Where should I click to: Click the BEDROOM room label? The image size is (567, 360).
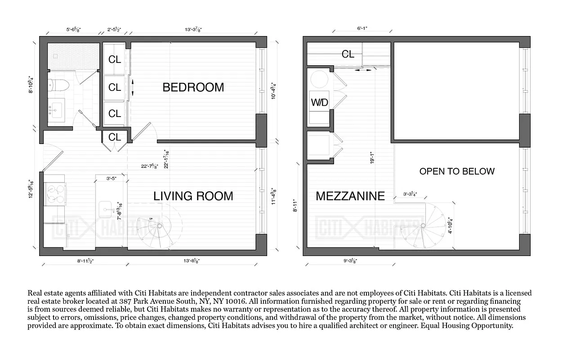(x=193, y=87)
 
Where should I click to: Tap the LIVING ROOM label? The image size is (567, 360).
(x=193, y=196)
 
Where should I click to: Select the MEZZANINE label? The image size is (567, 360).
(x=350, y=196)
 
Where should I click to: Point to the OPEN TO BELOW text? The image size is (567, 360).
(x=456, y=171)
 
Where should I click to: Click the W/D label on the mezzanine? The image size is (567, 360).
(x=319, y=103)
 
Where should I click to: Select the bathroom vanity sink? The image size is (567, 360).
(x=57, y=108)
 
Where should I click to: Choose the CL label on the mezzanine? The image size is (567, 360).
(x=348, y=54)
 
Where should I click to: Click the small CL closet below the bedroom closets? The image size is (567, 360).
(x=115, y=137)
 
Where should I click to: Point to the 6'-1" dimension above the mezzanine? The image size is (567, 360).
(x=362, y=28)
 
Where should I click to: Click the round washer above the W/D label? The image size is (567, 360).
(x=320, y=80)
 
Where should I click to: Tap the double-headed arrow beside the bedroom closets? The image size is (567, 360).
(x=133, y=86)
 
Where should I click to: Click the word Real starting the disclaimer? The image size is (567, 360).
(x=36, y=293)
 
